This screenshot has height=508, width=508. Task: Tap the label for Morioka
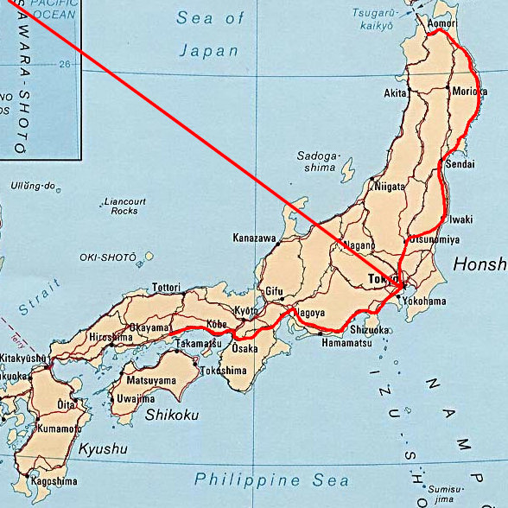pos(469,92)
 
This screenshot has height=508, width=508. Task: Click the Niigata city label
pos(390,186)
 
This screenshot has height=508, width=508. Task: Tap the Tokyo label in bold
pos(380,280)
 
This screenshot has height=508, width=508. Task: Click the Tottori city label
pos(166,287)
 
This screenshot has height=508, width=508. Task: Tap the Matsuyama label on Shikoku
pos(151,379)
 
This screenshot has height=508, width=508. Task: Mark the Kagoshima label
pos(54,481)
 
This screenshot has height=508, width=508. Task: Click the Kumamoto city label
pos(60,429)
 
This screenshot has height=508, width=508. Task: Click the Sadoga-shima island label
pos(319,162)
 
